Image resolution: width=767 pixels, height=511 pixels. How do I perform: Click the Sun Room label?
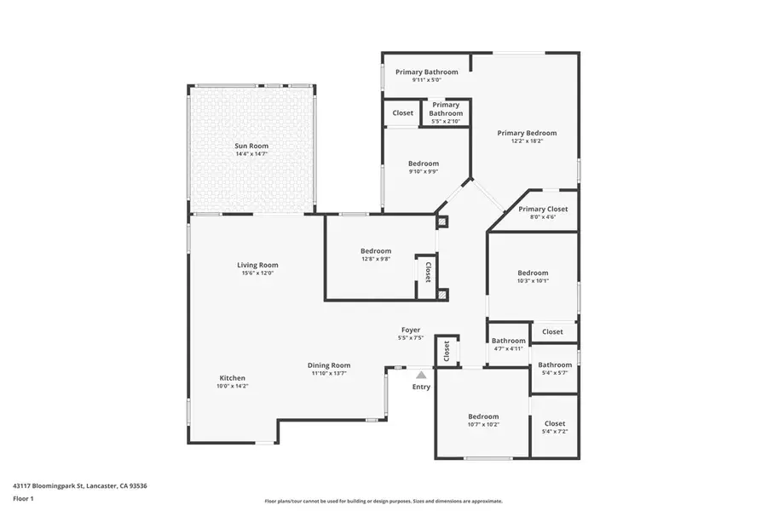pos(251,146)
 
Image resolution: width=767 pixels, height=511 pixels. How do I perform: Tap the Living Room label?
pos(257,265)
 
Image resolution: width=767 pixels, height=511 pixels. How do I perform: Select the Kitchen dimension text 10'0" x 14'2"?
pos(233,386)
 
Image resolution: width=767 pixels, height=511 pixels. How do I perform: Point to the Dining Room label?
pos(329,365)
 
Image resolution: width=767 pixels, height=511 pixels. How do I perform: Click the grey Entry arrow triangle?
pos(421,374)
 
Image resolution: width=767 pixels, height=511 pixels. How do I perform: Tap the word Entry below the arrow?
pos(421,387)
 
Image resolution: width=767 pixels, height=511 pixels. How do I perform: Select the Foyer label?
pos(411,330)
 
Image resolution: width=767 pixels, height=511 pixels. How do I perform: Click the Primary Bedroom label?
pos(527,133)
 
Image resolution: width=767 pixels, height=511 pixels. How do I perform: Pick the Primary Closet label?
pos(543,209)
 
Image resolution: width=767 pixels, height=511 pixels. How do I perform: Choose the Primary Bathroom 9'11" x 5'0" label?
pos(426,72)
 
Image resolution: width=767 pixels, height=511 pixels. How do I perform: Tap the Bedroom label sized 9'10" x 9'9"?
pos(424,164)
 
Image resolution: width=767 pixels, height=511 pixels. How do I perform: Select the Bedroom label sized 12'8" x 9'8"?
pos(376,250)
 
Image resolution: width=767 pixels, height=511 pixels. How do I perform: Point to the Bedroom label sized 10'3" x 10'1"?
pos(533,273)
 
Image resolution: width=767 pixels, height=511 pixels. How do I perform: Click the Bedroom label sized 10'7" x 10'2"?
pos(483,416)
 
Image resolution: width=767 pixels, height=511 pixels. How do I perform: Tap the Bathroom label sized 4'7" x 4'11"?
pos(509,341)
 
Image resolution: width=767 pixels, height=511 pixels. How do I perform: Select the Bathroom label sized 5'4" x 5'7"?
pos(555,365)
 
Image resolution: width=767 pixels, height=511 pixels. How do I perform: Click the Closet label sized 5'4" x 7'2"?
pos(554,423)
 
